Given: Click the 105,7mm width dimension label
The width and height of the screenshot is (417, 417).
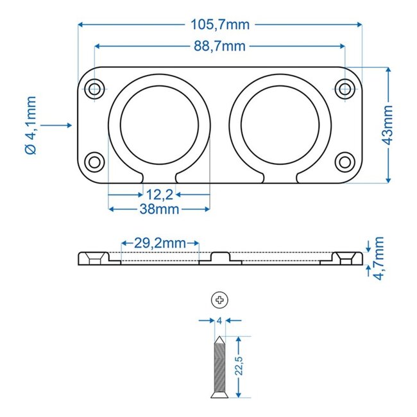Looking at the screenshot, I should [x=220, y=25].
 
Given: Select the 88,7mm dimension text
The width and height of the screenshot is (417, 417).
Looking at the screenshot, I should [x=220, y=46].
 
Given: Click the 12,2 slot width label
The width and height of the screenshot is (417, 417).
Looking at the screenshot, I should [x=159, y=194].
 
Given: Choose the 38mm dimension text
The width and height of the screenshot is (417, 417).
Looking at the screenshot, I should [x=159, y=208].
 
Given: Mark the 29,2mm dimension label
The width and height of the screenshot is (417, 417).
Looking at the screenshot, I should [x=160, y=243].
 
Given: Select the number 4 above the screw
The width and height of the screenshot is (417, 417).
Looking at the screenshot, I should [x=219, y=319].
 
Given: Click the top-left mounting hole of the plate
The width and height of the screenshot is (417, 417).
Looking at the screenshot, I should [x=95, y=88].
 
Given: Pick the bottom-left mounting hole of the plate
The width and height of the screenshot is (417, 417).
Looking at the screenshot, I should [x=95, y=161].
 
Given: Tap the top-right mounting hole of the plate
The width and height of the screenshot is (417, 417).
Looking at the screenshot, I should [x=345, y=88].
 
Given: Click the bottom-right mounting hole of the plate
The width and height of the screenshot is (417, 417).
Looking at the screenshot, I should [x=345, y=161].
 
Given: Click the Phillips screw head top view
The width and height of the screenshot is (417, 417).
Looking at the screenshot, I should [x=219, y=299].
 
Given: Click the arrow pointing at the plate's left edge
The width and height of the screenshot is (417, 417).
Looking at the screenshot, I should [x=62, y=125].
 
